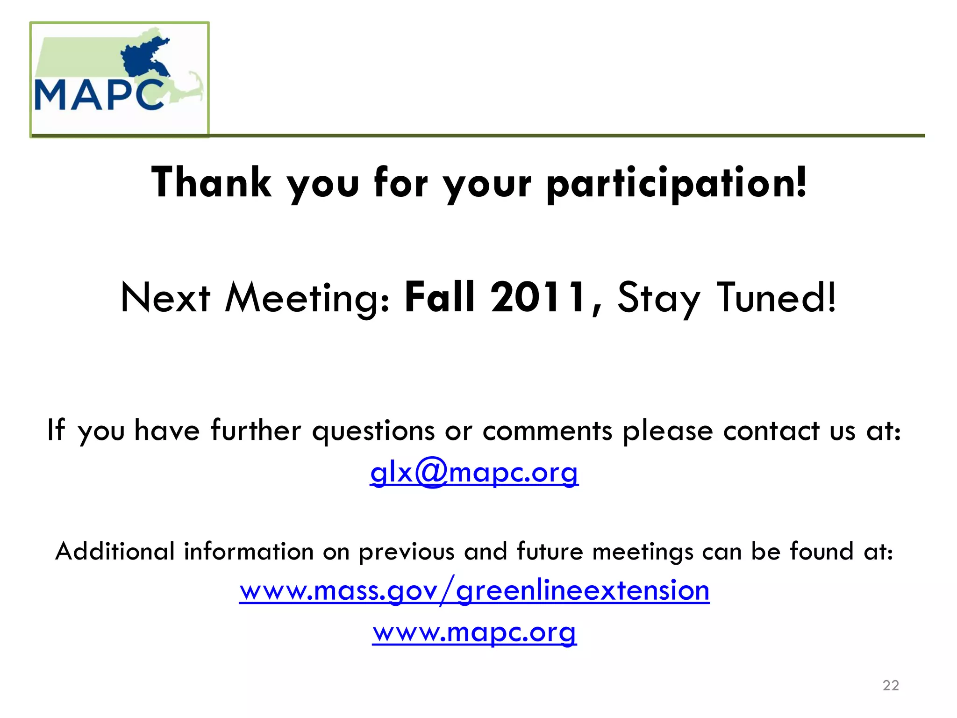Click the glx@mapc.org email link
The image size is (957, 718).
point(474,473)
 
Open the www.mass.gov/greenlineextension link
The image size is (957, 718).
point(474,590)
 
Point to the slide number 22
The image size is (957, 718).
point(891,685)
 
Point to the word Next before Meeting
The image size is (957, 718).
point(165,298)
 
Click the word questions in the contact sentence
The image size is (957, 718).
point(373,431)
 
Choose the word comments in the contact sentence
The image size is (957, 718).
point(547,431)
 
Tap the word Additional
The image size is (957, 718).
point(115,551)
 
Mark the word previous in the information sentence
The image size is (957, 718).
point(407,552)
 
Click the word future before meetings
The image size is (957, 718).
point(550,551)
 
